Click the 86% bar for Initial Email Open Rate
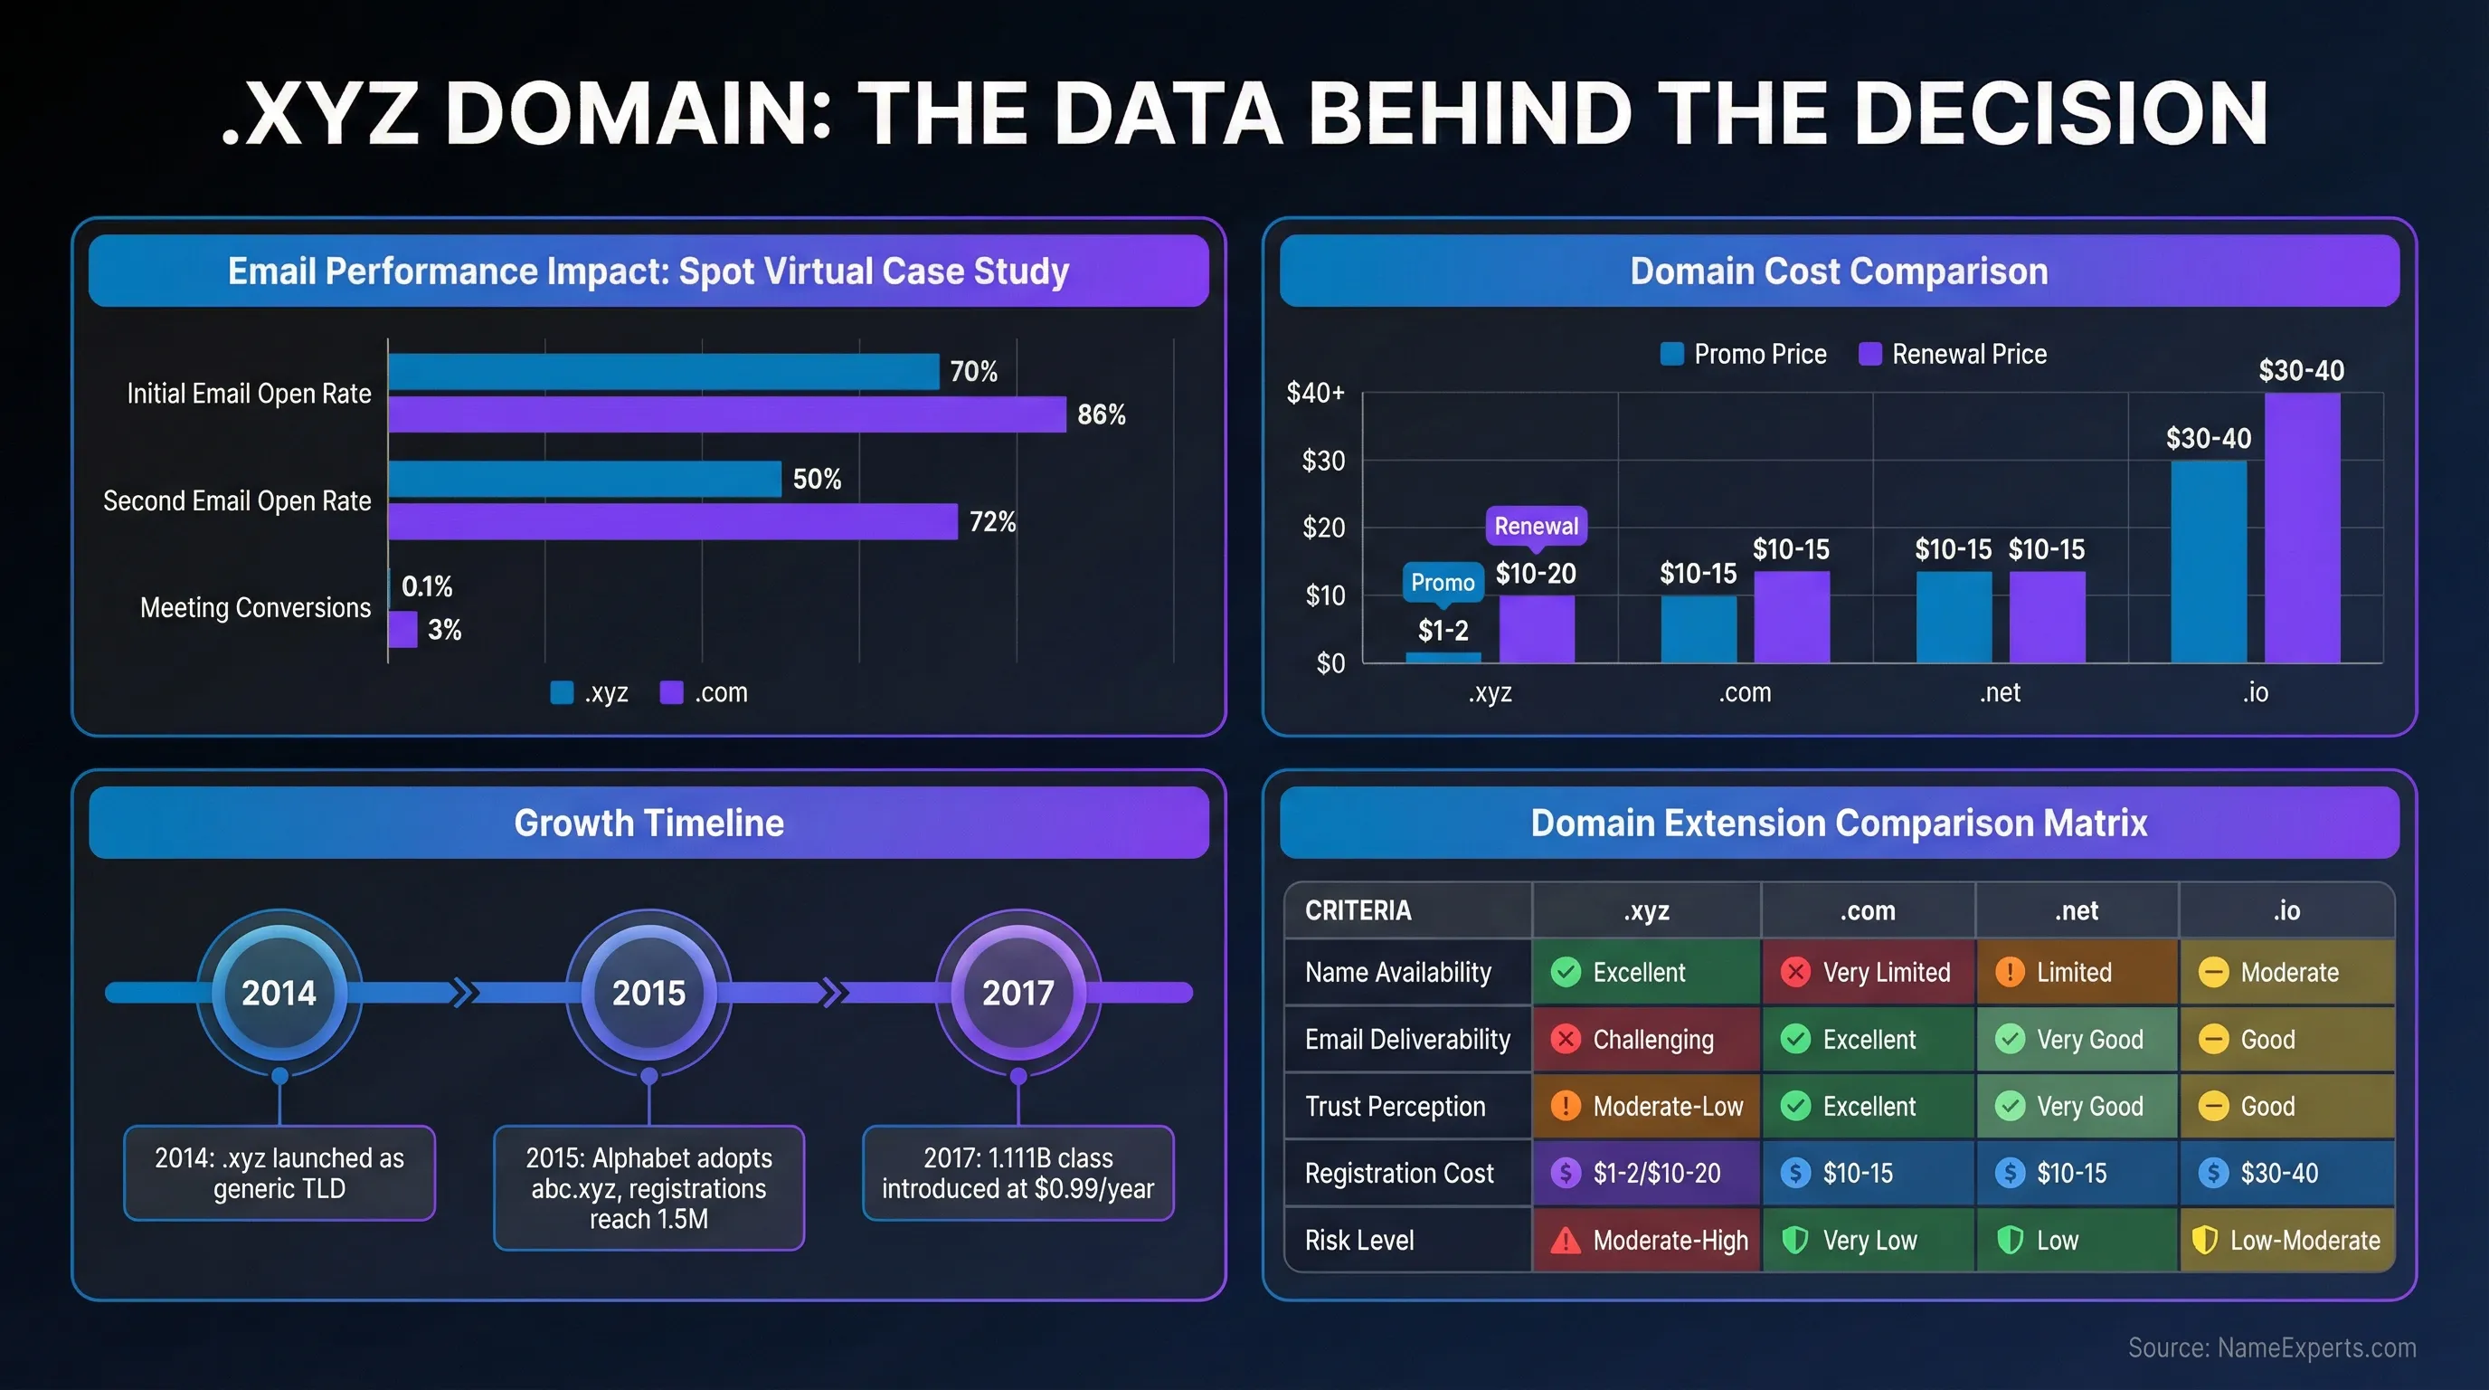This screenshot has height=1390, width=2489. tap(726, 414)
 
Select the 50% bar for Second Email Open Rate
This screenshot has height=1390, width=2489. tap(584, 480)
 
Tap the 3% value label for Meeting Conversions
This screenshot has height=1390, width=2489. tap(444, 630)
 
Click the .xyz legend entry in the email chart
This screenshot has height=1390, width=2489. tap(590, 693)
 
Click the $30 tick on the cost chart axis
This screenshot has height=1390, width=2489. tap(1323, 462)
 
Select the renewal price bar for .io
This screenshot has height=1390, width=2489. tap(2302, 528)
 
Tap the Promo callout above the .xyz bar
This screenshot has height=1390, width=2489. tap(1442, 582)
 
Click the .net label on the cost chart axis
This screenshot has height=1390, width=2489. tap(1999, 693)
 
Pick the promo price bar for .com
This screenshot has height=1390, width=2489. tap(1698, 628)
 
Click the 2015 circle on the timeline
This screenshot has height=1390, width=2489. tap(648, 993)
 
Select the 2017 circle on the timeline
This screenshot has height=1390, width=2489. tap(1017, 993)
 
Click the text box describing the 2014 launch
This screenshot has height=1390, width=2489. tap(279, 1173)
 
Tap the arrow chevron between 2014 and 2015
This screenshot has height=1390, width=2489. tap(465, 993)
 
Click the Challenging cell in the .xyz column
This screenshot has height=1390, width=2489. tap(1645, 1040)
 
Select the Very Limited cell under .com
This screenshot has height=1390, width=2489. tap(1868, 973)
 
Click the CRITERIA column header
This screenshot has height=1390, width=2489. tap(1358, 910)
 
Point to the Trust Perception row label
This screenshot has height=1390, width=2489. tap(1395, 1107)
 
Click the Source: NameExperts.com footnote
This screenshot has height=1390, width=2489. tap(2271, 1347)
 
